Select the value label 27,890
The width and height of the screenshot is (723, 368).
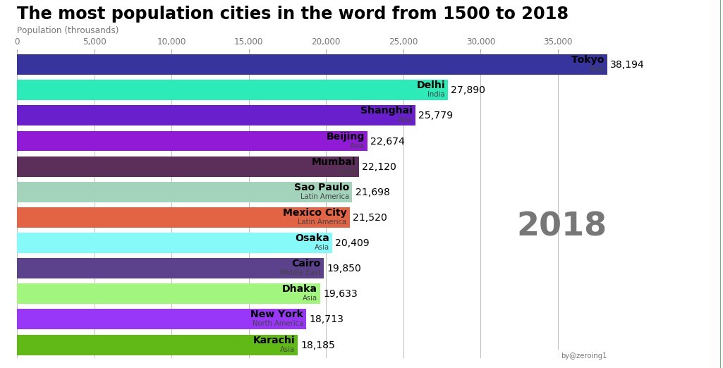[468, 90]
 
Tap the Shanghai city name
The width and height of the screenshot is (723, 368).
[386, 111]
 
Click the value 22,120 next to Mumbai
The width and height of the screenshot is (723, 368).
[379, 167]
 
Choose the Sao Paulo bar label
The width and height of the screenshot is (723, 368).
[322, 188]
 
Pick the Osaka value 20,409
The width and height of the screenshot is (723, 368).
[352, 243]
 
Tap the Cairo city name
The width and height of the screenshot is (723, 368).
[306, 264]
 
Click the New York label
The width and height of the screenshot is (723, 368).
[277, 314]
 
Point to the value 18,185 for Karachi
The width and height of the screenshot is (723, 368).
[318, 345]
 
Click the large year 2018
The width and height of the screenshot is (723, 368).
[561, 226]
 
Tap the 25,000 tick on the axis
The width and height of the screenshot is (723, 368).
[403, 42]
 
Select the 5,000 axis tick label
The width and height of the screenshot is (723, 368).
[95, 42]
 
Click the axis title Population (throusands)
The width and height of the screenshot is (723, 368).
[68, 30]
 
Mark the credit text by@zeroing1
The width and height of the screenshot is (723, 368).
[583, 356]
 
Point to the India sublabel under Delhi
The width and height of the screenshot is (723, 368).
[436, 94]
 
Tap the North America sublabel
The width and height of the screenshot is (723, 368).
[278, 324]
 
